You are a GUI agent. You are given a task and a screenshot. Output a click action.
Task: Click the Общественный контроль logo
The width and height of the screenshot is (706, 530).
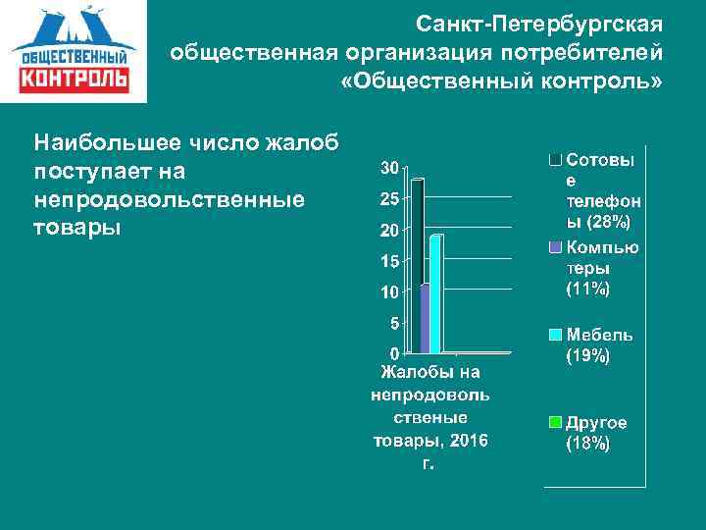(74, 51)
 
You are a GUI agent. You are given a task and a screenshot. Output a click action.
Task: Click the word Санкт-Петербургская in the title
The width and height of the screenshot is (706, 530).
(539, 23)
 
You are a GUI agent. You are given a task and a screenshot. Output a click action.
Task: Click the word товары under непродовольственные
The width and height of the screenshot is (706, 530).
(76, 227)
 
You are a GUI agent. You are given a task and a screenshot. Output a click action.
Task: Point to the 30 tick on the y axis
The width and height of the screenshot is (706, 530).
(389, 169)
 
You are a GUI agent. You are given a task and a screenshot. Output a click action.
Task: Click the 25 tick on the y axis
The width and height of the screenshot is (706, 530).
(389, 199)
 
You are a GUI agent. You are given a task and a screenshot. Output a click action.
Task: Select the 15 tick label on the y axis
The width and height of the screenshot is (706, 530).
(389, 261)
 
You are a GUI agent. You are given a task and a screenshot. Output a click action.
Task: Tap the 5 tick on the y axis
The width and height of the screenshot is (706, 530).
(394, 322)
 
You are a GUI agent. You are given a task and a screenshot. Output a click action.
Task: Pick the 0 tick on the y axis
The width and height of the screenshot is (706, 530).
(394, 352)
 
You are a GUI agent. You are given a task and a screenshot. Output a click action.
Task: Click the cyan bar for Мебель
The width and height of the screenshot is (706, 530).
(435, 293)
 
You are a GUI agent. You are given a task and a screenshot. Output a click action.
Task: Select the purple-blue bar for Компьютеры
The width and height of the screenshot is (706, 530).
(425, 318)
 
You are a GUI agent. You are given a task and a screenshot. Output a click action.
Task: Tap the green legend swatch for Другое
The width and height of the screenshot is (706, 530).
(555, 423)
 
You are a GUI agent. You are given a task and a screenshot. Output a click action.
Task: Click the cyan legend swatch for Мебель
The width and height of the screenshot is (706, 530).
(555, 335)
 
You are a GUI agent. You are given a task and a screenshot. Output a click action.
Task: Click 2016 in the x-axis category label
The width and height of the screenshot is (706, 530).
(468, 441)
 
